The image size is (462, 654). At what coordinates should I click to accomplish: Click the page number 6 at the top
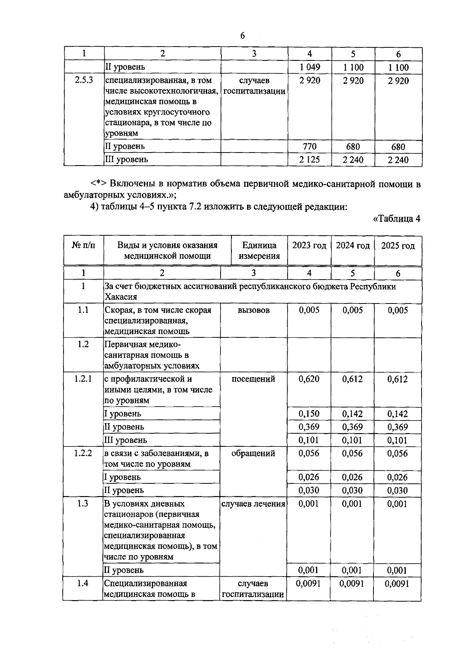click(242, 36)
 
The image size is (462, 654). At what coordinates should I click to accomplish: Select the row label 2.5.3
click(84, 80)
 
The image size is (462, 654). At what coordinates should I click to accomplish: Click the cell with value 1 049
click(310, 67)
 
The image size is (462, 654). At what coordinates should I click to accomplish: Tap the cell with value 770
click(310, 147)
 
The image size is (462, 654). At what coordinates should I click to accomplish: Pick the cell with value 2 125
click(310, 160)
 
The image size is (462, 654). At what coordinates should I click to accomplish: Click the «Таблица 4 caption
click(397, 219)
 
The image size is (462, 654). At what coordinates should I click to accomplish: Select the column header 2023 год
click(309, 246)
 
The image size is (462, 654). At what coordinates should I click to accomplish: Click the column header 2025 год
click(398, 246)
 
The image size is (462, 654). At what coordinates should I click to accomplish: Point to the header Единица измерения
click(259, 251)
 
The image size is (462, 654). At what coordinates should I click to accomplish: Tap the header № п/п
click(84, 246)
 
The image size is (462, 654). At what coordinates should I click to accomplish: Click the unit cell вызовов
click(254, 310)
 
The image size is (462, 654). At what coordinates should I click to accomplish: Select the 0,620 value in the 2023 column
click(309, 379)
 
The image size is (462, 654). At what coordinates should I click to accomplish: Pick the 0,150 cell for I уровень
click(309, 414)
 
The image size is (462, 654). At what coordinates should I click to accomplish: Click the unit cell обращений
click(253, 453)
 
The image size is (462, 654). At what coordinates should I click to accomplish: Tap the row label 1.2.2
click(83, 453)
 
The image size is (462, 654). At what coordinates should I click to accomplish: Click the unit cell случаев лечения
click(253, 504)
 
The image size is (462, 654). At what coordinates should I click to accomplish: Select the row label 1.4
click(83, 584)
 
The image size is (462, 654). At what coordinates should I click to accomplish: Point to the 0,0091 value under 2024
click(352, 584)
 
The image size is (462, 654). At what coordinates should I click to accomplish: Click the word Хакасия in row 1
click(121, 297)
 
